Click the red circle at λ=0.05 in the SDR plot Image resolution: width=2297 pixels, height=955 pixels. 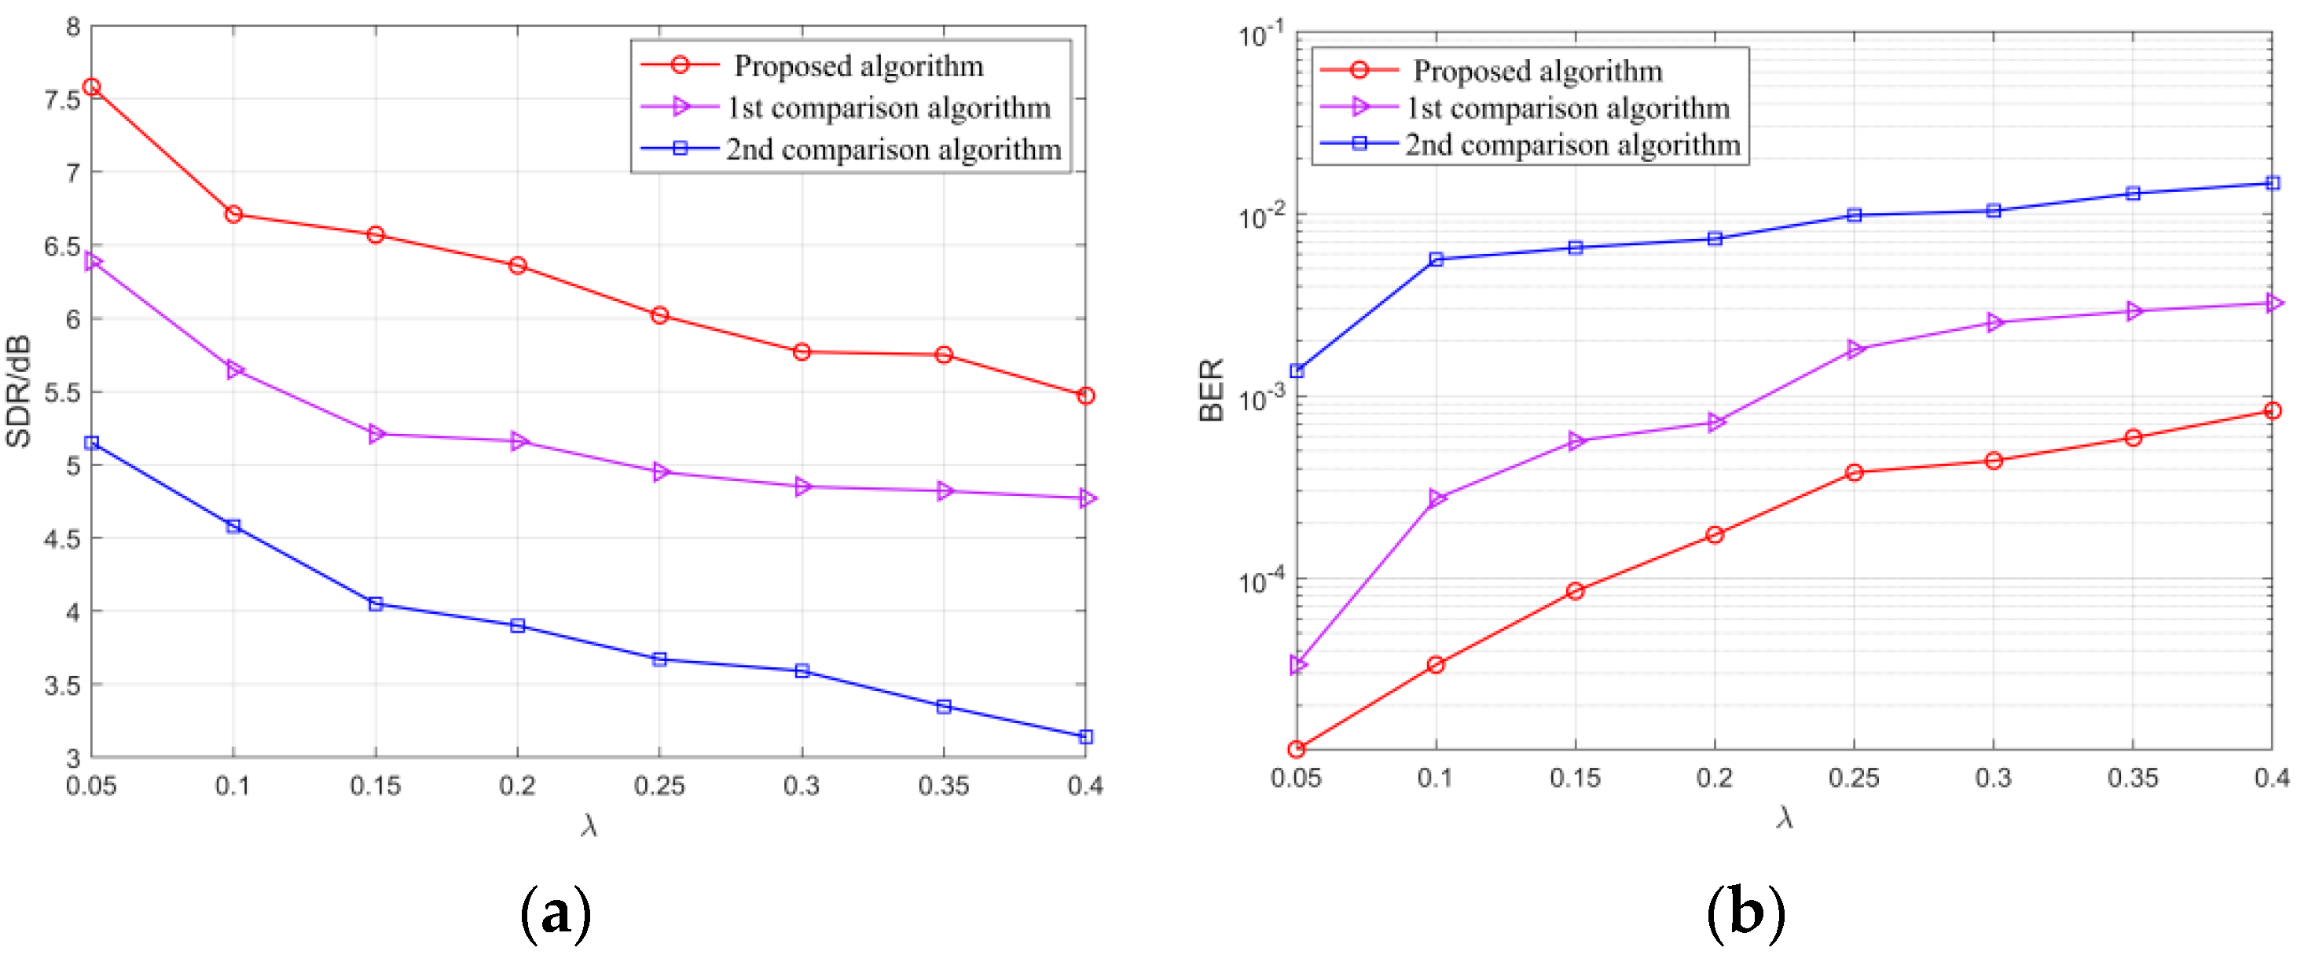pyautogui.click(x=91, y=87)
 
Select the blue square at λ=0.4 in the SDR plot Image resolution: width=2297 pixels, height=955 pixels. pyautogui.click(x=1085, y=736)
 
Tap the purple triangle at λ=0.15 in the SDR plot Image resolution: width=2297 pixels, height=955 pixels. pyautogui.click(x=376, y=434)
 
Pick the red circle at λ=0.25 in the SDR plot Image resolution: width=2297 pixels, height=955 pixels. pyautogui.click(x=660, y=314)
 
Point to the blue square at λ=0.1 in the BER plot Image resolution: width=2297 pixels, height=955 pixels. pyautogui.click(x=1436, y=259)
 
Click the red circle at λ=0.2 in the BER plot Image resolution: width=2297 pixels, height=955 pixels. pyautogui.click(x=1714, y=535)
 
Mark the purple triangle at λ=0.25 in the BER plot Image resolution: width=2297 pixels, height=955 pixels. pyautogui.click(x=1855, y=349)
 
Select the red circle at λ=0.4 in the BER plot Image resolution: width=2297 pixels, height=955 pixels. pyautogui.click(x=2271, y=411)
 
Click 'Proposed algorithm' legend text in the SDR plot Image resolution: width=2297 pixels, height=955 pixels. pyautogui.click(x=858, y=66)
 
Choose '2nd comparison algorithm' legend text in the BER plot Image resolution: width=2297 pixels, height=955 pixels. pyautogui.click(x=1572, y=145)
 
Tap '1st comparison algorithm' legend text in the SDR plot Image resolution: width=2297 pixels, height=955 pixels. pyautogui.click(x=888, y=108)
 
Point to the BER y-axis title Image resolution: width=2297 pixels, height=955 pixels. pyautogui.click(x=1211, y=390)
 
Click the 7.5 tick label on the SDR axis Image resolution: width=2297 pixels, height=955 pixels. pyautogui.click(x=61, y=99)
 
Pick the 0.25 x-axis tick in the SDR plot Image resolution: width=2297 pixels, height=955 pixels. pyautogui.click(x=659, y=785)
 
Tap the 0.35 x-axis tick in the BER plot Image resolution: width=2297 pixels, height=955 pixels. pyautogui.click(x=2132, y=777)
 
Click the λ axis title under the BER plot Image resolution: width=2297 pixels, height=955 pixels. pyautogui.click(x=1783, y=817)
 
